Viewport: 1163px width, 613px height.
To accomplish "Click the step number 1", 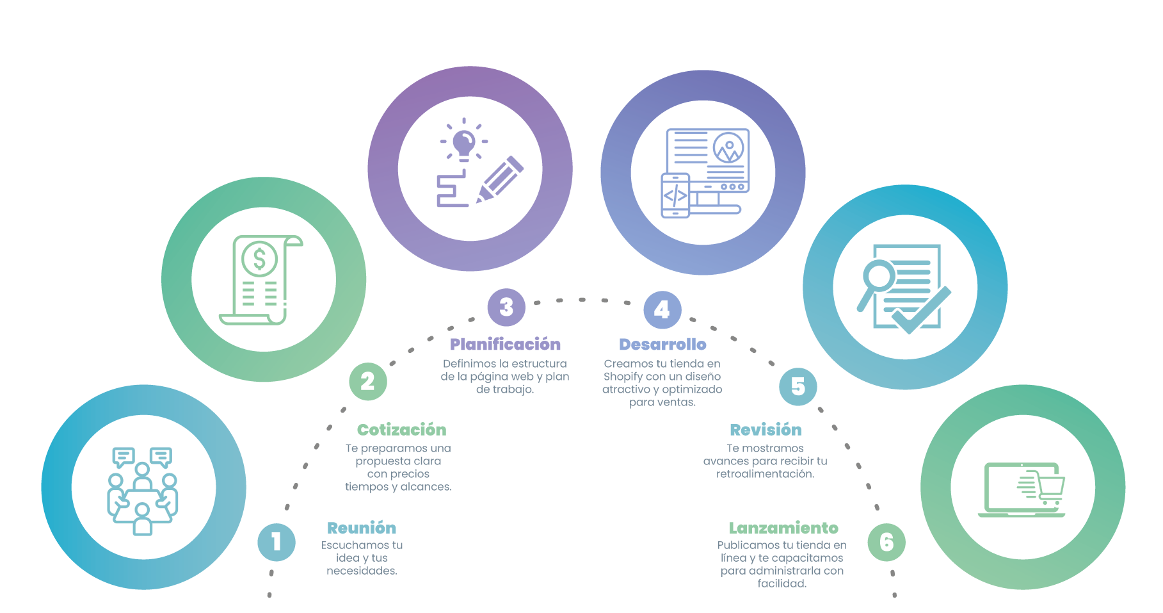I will click(x=277, y=542).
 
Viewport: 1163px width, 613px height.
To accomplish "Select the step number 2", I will click(x=367, y=381).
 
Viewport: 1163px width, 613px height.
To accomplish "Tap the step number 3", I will click(x=506, y=307).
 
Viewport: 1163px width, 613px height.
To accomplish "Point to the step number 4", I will click(x=662, y=310).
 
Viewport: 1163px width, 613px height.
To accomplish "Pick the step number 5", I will click(x=798, y=386).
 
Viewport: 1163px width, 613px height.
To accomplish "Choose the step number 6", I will click(x=886, y=542).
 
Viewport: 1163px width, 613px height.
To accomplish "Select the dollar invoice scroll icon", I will click(x=261, y=280).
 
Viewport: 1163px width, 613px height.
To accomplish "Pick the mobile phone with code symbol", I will click(x=675, y=195).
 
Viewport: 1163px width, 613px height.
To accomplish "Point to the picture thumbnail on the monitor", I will click(x=728, y=149).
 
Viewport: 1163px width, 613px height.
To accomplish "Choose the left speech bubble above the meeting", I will click(x=123, y=457).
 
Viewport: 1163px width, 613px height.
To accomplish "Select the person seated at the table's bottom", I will click(x=142, y=519).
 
